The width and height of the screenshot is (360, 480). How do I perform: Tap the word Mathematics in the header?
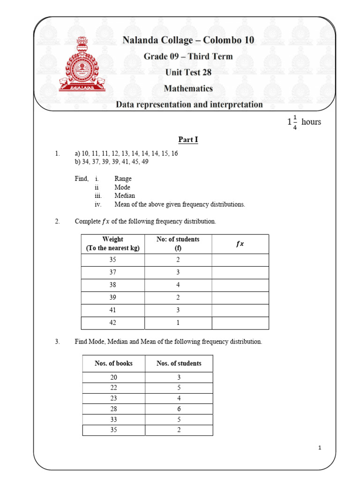pyautogui.click(x=188, y=88)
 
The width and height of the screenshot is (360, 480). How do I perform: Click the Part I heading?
pyautogui.click(x=188, y=140)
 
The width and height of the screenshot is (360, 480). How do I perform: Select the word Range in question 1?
pyautogui.click(x=123, y=179)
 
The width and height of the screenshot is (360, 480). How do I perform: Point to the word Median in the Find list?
pyautogui.click(x=125, y=195)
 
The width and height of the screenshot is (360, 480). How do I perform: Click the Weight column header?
pyautogui.click(x=112, y=244)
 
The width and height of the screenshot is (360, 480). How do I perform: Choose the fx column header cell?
pyautogui.click(x=240, y=244)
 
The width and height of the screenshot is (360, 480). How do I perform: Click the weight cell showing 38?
pyautogui.click(x=113, y=285)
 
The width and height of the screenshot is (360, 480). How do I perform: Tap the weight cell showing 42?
pyautogui.click(x=113, y=323)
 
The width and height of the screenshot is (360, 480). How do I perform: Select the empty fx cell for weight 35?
pyautogui.click(x=240, y=260)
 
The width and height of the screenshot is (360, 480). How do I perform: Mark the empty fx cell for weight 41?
pyautogui.click(x=240, y=310)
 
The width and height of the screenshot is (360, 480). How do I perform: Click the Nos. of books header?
pyautogui.click(x=113, y=363)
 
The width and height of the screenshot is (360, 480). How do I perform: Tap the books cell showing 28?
pyautogui.click(x=113, y=409)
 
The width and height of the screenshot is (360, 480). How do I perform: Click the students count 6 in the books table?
pyautogui.click(x=179, y=409)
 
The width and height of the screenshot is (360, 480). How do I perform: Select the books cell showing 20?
pyautogui.click(x=113, y=377)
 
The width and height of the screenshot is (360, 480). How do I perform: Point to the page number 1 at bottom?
pyautogui.click(x=319, y=448)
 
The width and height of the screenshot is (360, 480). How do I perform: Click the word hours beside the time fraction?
pyautogui.click(x=311, y=122)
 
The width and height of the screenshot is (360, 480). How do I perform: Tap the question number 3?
pyautogui.click(x=57, y=342)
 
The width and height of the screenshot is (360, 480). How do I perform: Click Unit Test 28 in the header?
pyautogui.click(x=188, y=72)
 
